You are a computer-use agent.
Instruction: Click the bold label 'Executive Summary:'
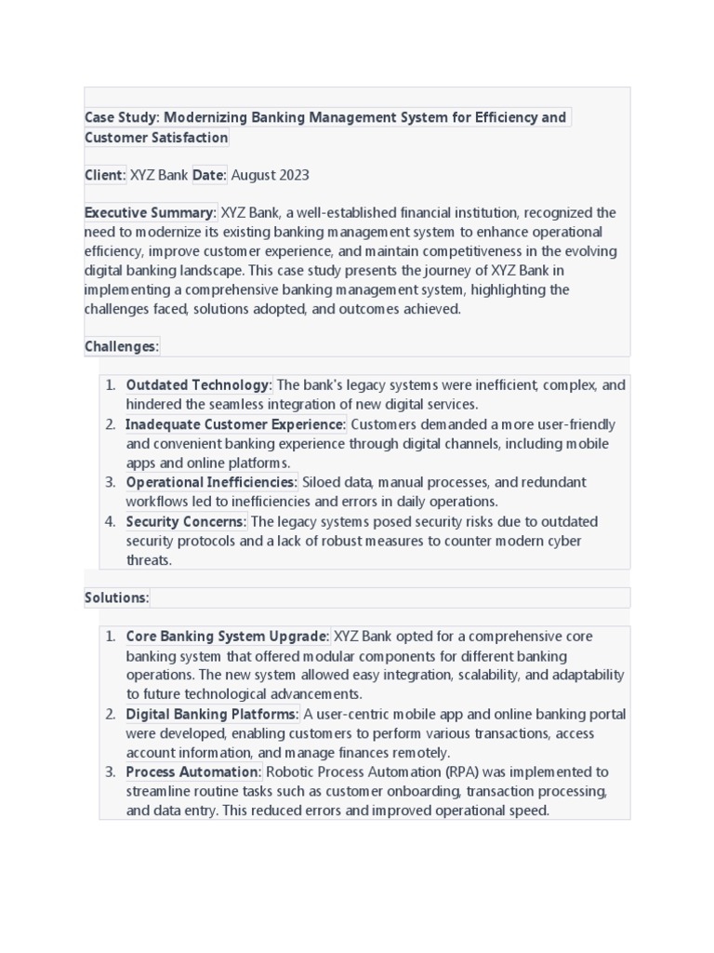[151, 213]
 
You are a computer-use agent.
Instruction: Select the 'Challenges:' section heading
[122, 347]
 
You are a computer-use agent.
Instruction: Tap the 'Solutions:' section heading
[116, 597]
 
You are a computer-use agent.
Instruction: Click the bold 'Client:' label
[105, 175]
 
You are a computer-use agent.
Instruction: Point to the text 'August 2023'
[270, 175]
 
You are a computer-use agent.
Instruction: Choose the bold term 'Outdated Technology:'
[199, 385]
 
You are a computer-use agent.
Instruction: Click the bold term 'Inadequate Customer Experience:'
[236, 424]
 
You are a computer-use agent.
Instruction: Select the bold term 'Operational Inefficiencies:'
[212, 482]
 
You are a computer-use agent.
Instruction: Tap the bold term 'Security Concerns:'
[187, 521]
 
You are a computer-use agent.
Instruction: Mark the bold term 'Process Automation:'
[194, 772]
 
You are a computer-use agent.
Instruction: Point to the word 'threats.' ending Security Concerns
[150, 560]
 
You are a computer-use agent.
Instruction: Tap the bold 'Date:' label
[209, 175]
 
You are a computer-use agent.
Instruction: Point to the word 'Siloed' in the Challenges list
[324, 482]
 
